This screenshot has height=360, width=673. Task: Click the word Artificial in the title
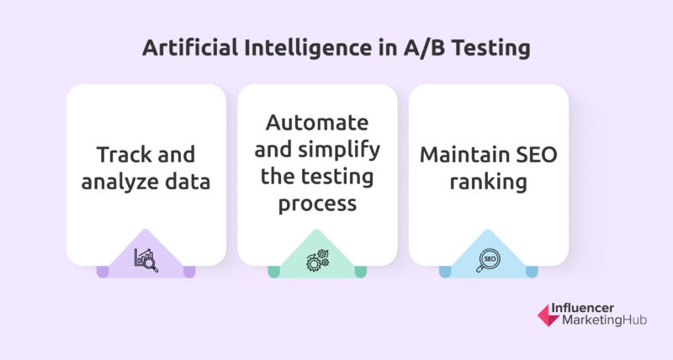pos(190,47)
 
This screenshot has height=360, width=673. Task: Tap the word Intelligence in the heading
pos(308,47)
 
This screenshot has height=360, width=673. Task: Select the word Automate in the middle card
pos(317,123)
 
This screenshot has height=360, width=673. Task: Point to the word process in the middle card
pos(317,204)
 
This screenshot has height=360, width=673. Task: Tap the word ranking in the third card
pos(489,182)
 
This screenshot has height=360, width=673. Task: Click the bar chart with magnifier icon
pos(146,260)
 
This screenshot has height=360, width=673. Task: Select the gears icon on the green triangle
pos(318,260)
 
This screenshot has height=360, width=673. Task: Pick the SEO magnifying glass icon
pos(488,261)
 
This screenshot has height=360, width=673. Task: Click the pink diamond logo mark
pos(548,315)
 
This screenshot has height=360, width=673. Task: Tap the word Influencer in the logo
pos(582,308)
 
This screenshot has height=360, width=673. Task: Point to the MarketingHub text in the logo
pos(604,320)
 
